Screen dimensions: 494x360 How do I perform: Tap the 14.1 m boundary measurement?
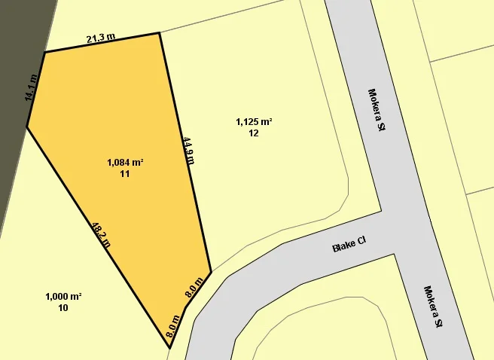tap(31, 88)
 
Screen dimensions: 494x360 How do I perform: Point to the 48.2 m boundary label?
tap(101, 234)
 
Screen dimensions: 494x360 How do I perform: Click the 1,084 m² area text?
tap(125, 162)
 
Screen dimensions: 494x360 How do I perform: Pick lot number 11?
tap(125, 174)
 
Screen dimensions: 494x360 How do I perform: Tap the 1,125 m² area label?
tap(254, 121)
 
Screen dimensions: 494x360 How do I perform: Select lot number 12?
tap(254, 133)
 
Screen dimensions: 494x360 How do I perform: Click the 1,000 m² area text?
tap(63, 296)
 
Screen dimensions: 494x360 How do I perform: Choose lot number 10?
tap(63, 308)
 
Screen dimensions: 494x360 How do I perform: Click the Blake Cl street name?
tap(349, 246)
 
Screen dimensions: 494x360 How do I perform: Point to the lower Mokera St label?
tap(432, 307)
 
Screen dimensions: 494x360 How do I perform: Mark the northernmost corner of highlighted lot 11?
tap(160, 33)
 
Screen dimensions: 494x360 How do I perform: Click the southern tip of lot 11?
tap(169, 348)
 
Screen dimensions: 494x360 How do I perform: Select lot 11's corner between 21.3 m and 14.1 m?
tap(44, 52)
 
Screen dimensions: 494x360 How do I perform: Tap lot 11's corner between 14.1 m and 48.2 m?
tap(27, 127)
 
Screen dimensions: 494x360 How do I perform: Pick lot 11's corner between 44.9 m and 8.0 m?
tap(211, 270)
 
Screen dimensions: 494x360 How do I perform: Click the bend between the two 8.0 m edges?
tap(184, 307)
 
